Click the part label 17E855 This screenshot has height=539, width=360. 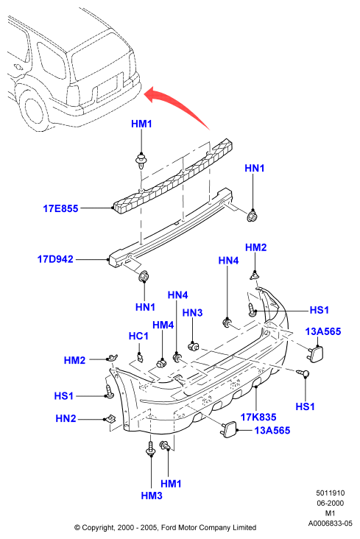pyautogui.click(x=60, y=208)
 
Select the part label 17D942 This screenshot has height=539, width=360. pyautogui.click(x=55, y=259)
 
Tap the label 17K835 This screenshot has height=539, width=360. pyautogui.click(x=258, y=417)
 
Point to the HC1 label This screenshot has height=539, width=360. pyautogui.click(x=138, y=336)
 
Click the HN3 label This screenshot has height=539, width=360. pyautogui.click(x=193, y=312)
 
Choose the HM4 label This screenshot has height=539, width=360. pyautogui.click(x=163, y=325)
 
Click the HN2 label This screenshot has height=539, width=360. pyautogui.click(x=66, y=418)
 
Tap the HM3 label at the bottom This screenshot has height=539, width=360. pyautogui.click(x=152, y=496)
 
